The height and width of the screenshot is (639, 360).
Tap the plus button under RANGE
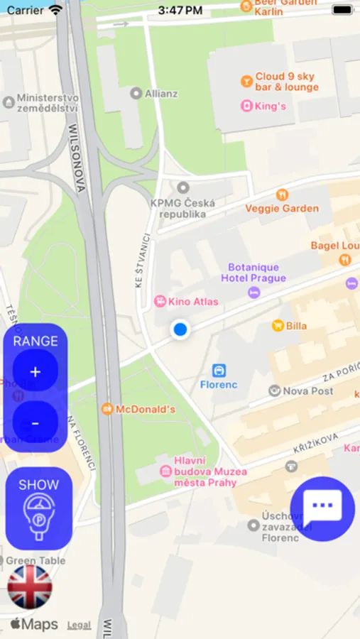click(36, 371)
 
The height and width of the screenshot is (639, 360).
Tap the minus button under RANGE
click(36, 423)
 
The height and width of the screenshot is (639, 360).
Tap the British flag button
click(30, 587)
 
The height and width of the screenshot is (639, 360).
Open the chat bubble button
click(322, 508)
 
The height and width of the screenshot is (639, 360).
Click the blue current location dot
click(180, 329)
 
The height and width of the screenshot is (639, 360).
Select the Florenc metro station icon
click(219, 371)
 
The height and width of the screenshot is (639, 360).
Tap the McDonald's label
click(145, 409)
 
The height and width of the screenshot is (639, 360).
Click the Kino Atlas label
click(192, 301)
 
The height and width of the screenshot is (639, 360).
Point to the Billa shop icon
click(278, 326)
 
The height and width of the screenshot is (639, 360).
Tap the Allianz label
click(161, 93)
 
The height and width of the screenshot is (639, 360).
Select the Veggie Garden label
click(282, 208)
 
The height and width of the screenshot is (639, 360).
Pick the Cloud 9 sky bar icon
click(246, 81)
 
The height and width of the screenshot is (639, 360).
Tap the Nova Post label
click(307, 390)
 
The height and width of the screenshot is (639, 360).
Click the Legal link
click(79, 625)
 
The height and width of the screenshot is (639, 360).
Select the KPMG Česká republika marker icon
click(183, 187)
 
